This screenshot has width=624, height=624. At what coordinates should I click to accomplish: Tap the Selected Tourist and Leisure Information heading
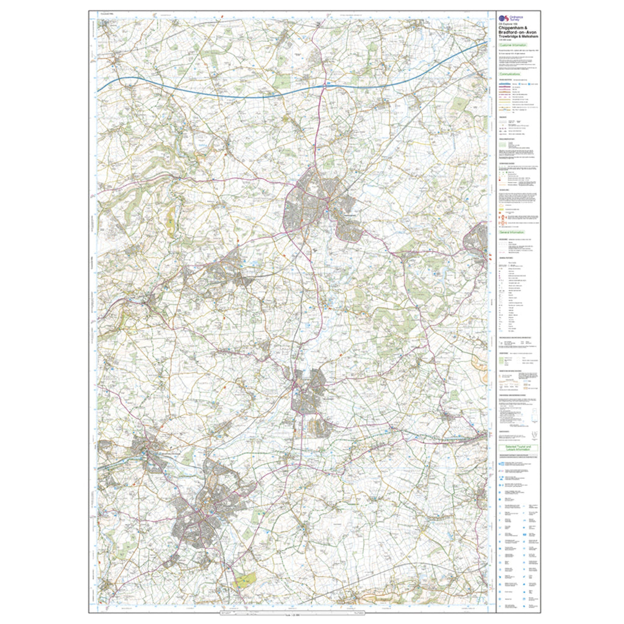(x=516, y=448)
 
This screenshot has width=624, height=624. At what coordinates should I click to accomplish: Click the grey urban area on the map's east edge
(x=478, y=241)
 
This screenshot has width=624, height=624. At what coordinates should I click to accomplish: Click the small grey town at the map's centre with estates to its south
(x=312, y=396)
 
